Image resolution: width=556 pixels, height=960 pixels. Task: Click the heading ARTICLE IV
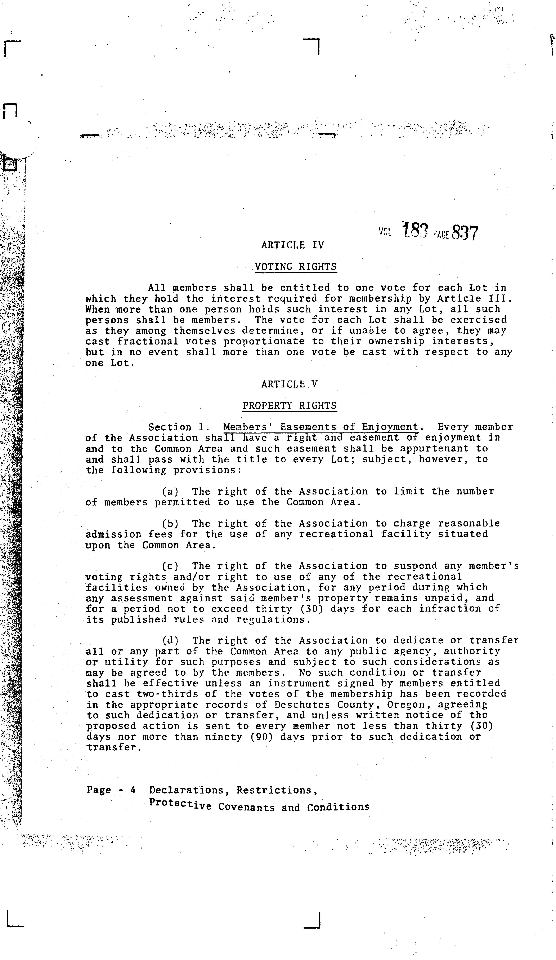coord(292,245)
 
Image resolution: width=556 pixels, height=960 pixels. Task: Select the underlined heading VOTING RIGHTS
coord(296,266)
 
